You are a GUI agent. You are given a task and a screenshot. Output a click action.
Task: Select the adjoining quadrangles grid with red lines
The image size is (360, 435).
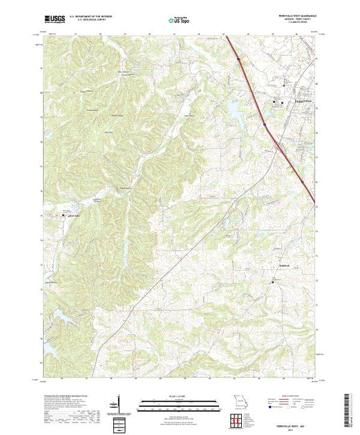click(236, 421)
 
